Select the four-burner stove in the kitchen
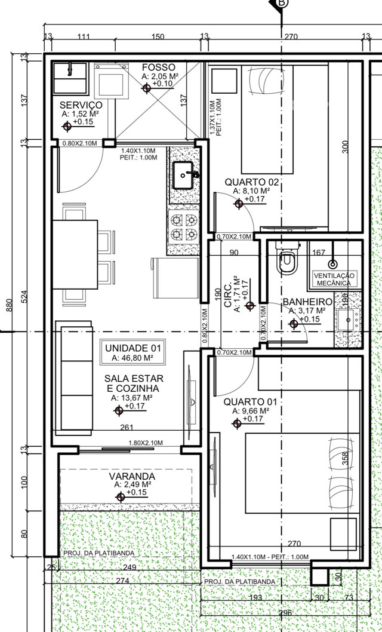[x=184, y=227]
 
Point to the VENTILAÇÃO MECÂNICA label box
[x=334, y=280]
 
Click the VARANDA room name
[x=132, y=477]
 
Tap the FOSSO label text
[x=159, y=68]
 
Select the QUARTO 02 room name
[x=251, y=182]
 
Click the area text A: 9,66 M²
[x=251, y=411]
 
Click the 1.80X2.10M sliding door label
[x=145, y=443]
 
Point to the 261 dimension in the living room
[x=127, y=427]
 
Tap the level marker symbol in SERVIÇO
[x=67, y=126]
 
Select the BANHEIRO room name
[x=307, y=302]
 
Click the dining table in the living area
[x=75, y=254]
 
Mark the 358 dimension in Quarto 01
[x=345, y=459]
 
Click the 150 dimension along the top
[x=158, y=36]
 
